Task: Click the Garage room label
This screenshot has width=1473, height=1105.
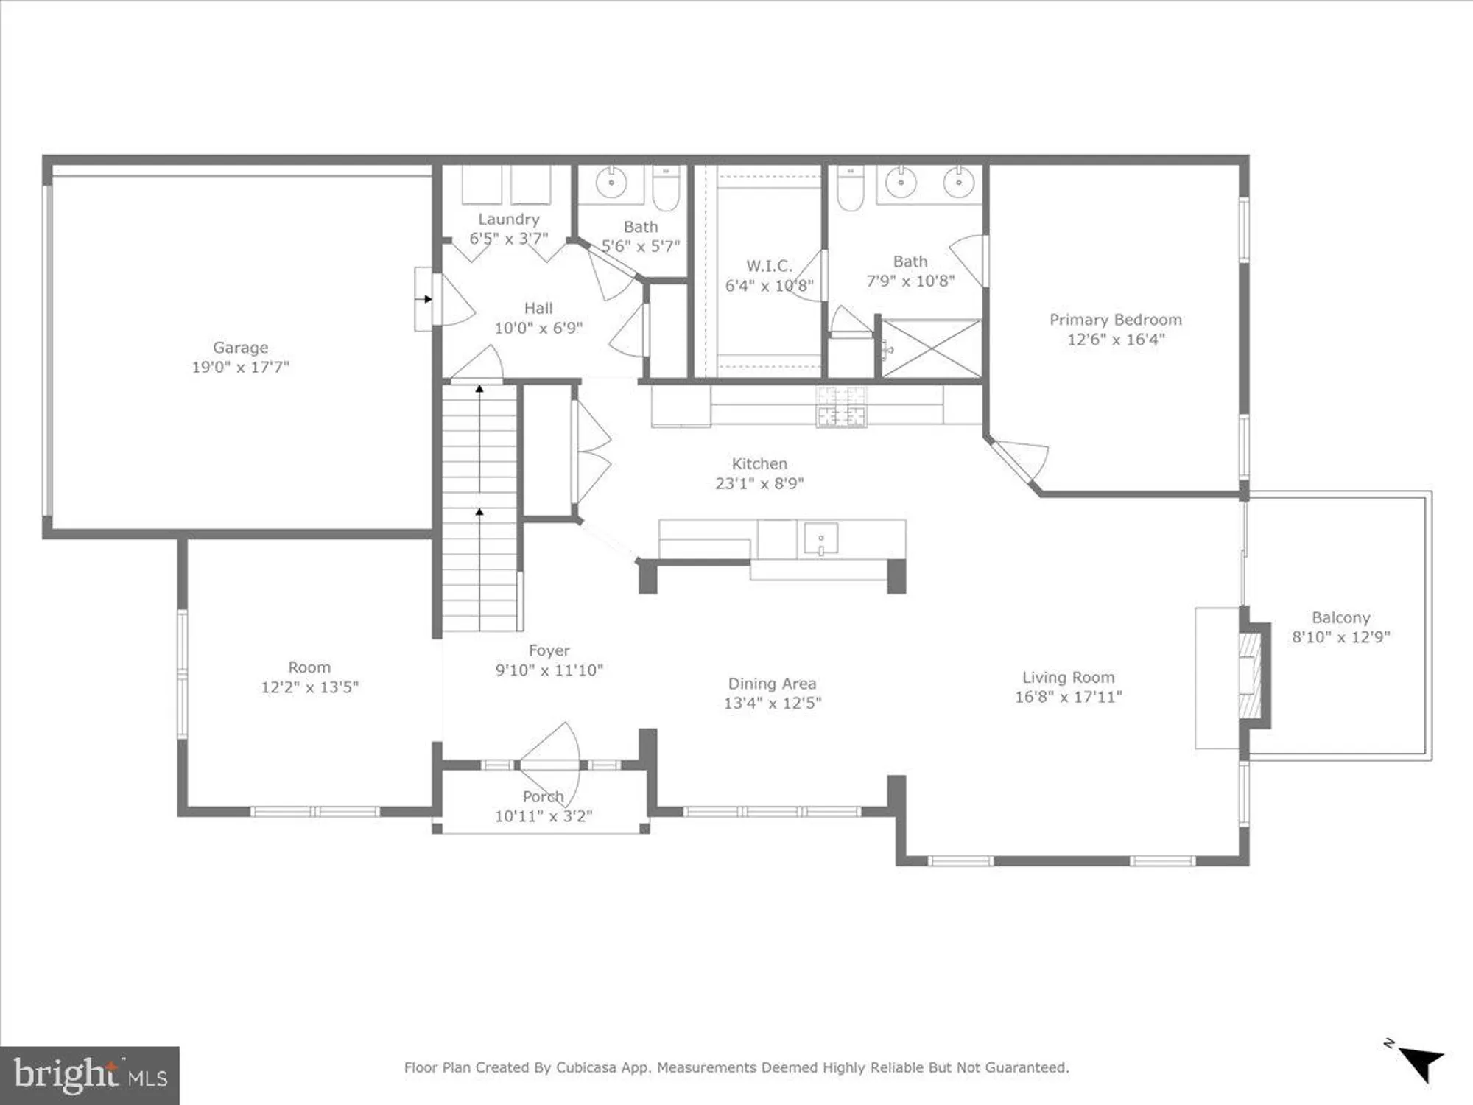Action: pos(240,347)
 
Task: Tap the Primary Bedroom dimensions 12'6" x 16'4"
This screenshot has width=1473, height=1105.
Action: pos(1115,340)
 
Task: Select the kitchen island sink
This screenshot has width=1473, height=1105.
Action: pos(820,539)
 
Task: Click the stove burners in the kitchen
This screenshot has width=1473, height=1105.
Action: pos(841,407)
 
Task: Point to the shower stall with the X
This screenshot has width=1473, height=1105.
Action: pos(932,348)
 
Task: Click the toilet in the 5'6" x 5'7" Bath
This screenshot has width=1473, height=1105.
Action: pos(666,188)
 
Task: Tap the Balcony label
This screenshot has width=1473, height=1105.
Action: pos(1340,618)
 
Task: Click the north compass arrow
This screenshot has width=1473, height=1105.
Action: pos(1420,1063)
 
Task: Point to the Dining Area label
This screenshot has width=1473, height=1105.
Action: pos(772,684)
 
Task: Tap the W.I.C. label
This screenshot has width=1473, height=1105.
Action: pos(769,266)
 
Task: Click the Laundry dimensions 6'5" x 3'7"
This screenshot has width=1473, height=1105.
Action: pos(508,239)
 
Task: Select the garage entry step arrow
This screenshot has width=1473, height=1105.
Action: pos(426,299)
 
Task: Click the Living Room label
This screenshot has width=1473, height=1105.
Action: pos(1068,677)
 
